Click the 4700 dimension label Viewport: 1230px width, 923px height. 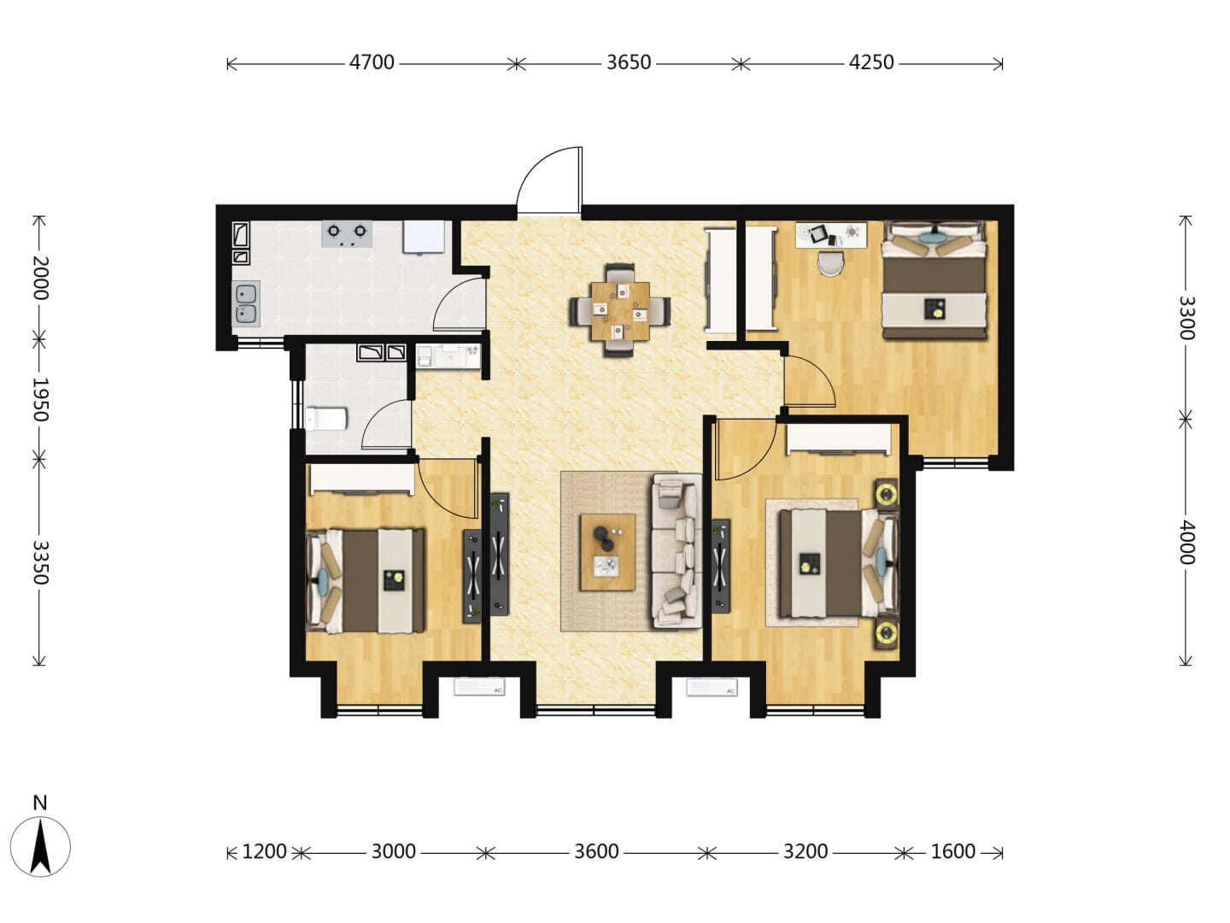click(372, 62)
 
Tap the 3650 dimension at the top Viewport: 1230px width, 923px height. click(628, 62)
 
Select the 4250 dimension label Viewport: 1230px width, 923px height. click(870, 62)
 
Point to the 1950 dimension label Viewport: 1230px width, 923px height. click(40, 399)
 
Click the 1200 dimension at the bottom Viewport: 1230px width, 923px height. click(264, 851)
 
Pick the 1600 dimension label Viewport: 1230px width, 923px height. click(952, 851)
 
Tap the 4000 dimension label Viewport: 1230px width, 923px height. click(1186, 542)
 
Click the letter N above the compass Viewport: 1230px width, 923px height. click(40, 803)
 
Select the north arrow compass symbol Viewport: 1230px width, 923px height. click(40, 846)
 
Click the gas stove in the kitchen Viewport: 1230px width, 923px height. click(347, 233)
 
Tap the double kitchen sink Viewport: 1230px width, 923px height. click(246, 303)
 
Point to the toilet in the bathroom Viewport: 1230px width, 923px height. click(325, 419)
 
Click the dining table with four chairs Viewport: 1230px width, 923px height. click(620, 310)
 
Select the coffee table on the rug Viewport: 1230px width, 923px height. click(607, 552)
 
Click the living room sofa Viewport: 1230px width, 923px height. click(676, 550)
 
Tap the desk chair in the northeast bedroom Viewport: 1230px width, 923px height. click(830, 263)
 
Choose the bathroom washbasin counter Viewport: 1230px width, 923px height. click(448, 356)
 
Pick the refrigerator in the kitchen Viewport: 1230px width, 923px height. click(424, 237)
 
